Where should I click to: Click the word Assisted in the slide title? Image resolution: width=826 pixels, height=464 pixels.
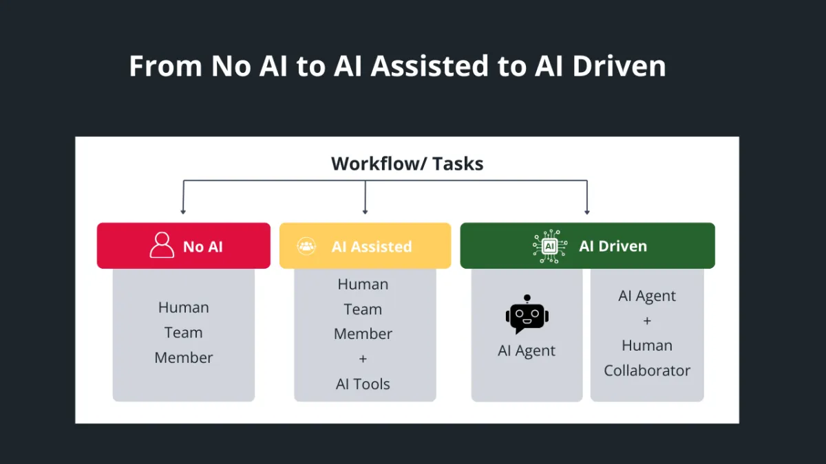(x=430, y=66)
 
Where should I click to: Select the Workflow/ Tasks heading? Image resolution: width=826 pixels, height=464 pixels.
(x=407, y=164)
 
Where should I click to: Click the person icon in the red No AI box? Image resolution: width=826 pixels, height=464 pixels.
(x=162, y=245)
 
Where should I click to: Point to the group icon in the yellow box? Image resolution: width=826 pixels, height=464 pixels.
(x=306, y=246)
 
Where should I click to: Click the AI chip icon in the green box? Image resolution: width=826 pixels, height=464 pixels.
(x=550, y=246)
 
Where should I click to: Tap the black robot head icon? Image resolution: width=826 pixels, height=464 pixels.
(x=527, y=314)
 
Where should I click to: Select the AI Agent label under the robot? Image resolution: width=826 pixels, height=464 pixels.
(x=527, y=351)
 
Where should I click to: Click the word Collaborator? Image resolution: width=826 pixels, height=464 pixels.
(x=647, y=371)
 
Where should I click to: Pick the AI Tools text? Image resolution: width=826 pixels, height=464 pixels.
(x=363, y=384)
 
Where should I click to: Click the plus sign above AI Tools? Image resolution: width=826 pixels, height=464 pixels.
(x=363, y=359)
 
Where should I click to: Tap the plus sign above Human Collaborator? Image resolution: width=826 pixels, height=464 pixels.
(x=647, y=321)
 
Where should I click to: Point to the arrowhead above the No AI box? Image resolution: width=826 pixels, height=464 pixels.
(x=183, y=212)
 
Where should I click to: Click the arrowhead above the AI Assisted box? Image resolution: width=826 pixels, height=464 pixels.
(x=365, y=212)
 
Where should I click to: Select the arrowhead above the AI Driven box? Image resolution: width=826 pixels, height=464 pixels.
(x=587, y=212)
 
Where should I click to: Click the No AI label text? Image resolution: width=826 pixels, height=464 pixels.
(x=203, y=247)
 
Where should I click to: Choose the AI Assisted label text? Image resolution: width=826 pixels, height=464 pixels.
(x=371, y=247)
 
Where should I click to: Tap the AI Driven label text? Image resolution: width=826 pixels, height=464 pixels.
(x=613, y=246)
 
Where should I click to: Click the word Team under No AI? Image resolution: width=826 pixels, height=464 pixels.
(x=183, y=333)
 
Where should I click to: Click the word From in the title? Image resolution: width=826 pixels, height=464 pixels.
(x=166, y=66)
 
